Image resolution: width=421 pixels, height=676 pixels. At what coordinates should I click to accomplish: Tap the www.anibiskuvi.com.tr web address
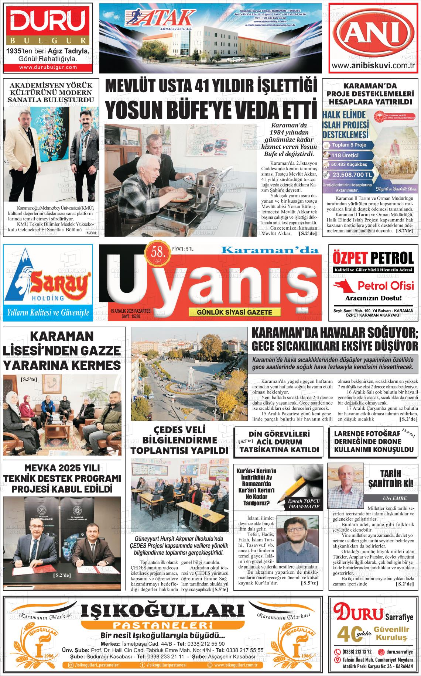(374, 66)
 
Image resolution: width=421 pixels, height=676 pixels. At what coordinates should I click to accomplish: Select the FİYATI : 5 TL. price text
(184, 250)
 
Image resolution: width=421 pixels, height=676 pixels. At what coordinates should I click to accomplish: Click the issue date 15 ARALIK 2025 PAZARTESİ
(131, 312)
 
